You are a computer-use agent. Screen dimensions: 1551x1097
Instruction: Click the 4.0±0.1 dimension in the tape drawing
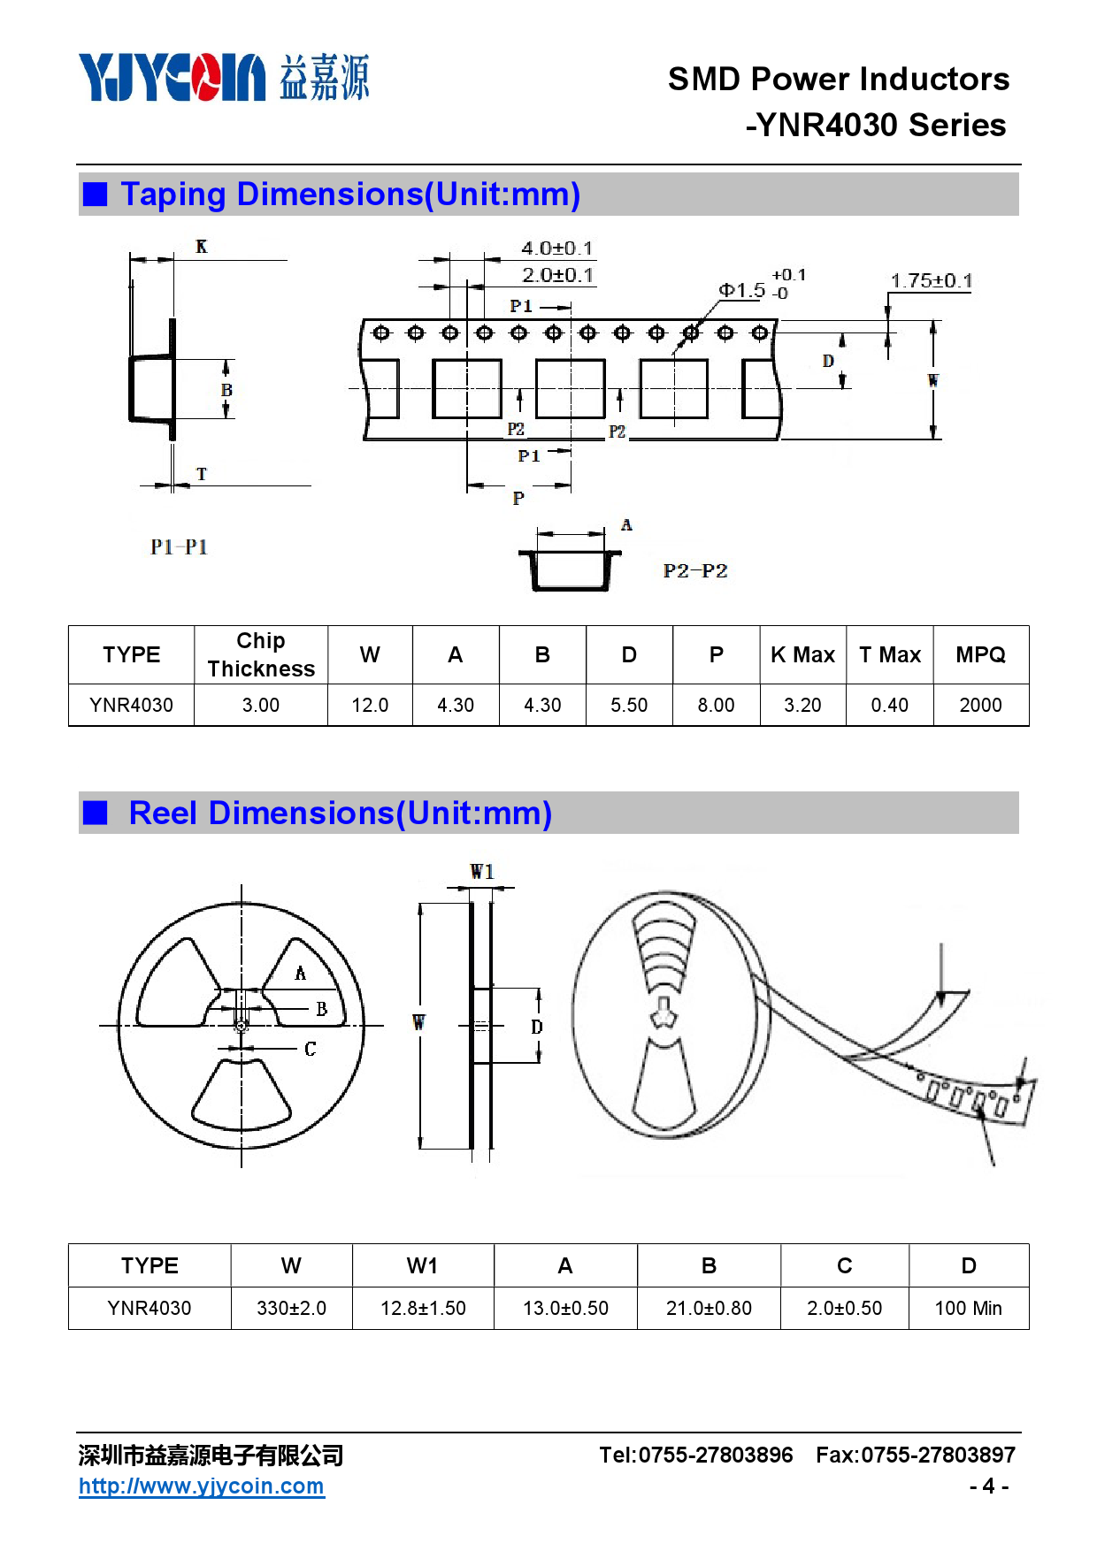tap(557, 248)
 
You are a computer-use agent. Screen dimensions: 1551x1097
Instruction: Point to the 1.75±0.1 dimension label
tap(931, 281)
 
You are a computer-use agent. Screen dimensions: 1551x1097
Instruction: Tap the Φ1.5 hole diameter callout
tap(742, 290)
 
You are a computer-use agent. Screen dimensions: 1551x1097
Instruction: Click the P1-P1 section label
tap(179, 547)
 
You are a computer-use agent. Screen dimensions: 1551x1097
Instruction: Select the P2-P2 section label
tap(695, 571)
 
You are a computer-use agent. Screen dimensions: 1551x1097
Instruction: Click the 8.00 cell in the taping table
tap(716, 705)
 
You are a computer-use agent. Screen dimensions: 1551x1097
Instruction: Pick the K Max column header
tap(802, 655)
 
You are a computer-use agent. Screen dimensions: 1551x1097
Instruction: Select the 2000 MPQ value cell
tap(980, 705)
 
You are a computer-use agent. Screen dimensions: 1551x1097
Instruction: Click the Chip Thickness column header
tap(261, 654)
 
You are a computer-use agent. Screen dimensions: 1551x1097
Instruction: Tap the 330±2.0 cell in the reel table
tap(291, 1308)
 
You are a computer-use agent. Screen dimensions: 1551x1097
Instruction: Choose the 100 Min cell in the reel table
tap(968, 1308)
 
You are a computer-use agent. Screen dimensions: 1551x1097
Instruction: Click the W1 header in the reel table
tap(422, 1266)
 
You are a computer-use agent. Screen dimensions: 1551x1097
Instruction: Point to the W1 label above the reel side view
tap(482, 872)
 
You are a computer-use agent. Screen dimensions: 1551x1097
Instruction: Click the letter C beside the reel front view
tap(311, 1050)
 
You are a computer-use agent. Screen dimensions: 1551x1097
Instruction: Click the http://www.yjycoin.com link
tap(202, 1486)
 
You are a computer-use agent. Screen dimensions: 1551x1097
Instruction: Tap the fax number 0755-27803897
tap(938, 1455)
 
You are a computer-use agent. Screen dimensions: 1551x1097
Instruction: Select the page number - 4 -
tap(989, 1486)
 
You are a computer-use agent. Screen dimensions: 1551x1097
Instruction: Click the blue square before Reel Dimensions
tap(95, 813)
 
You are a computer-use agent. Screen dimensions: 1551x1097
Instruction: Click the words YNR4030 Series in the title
tap(882, 126)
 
